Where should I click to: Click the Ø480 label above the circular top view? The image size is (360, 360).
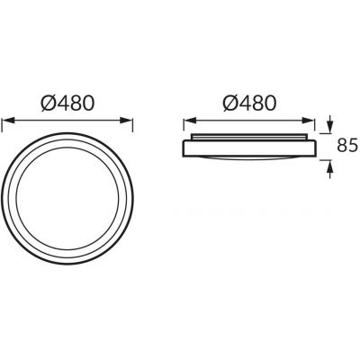(x=67, y=103)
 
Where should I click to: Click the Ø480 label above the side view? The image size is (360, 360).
(x=249, y=103)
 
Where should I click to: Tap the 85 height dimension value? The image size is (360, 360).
(x=348, y=145)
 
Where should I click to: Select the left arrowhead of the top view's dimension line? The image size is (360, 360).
(x=8, y=121)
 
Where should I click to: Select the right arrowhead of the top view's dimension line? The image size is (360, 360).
(x=126, y=121)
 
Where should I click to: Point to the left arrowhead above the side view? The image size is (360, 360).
(x=190, y=121)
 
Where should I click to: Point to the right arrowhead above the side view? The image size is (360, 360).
(x=308, y=121)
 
